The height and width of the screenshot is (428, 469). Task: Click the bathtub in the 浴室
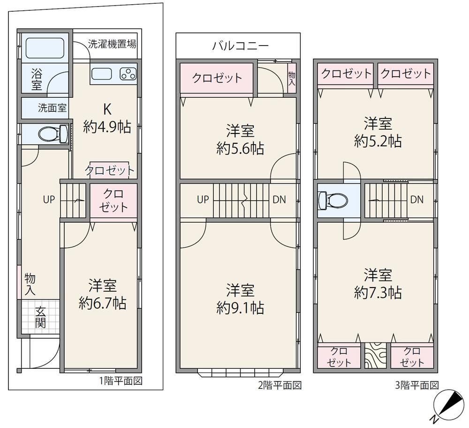45,47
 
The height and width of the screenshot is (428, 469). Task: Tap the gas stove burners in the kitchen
128,74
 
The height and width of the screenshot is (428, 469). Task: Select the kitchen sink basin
102,74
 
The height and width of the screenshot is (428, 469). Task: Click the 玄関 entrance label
40,317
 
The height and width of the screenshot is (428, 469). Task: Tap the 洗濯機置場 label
112,44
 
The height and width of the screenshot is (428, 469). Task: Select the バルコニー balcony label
241,46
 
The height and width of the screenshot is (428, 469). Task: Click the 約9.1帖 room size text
240,308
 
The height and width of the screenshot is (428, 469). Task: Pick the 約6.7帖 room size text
103,303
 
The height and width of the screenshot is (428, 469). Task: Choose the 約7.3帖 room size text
378,292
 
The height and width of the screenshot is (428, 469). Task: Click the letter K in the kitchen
107,109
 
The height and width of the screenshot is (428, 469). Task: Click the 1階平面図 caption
121,381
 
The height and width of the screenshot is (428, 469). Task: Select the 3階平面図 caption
417,385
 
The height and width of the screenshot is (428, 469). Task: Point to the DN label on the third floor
417,200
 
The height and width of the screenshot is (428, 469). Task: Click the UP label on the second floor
203,200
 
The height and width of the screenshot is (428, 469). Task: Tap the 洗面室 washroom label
52,108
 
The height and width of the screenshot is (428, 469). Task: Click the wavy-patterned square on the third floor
375,355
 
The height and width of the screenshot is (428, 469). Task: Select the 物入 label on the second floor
292,78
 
